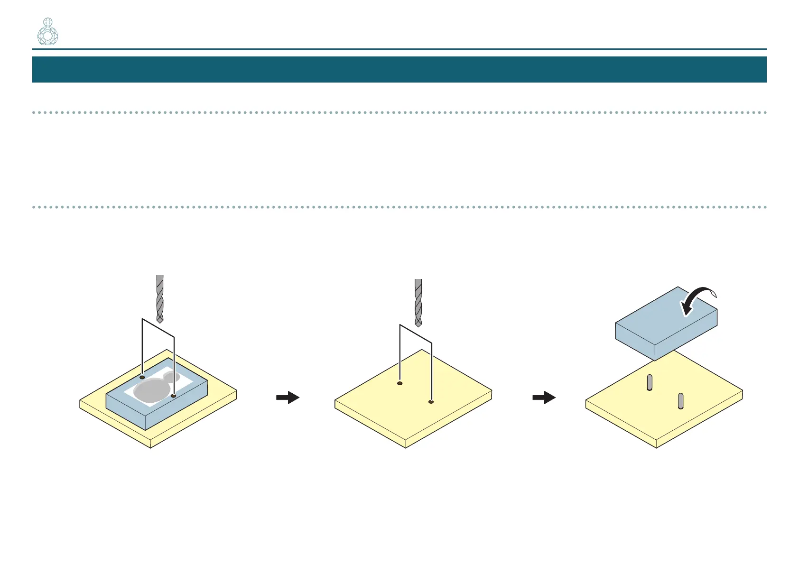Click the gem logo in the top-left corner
point(47,32)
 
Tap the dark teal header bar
point(399,69)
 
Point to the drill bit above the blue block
point(160,298)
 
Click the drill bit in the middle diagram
point(418,302)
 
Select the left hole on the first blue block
point(142,377)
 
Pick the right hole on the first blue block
point(174,396)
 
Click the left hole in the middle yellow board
point(400,383)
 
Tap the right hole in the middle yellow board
point(431,402)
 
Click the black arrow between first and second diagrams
point(288,398)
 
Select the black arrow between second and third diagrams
point(544,398)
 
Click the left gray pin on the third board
point(650,382)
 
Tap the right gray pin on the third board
point(680,401)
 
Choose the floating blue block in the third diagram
point(664,327)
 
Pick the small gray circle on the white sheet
point(172,378)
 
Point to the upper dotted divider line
point(399,112)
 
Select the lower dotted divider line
point(399,207)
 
